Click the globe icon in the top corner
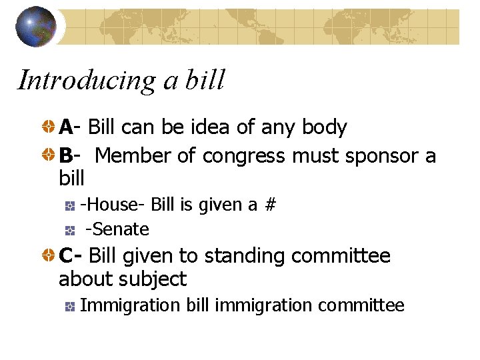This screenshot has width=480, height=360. [x=35, y=26]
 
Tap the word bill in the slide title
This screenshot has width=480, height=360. [x=205, y=80]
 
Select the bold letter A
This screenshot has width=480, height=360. [x=66, y=127]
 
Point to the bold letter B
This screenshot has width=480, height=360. [x=66, y=156]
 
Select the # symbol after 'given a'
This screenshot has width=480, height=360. [x=269, y=205]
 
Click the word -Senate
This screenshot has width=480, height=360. [x=117, y=229]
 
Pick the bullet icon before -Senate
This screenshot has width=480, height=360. [x=69, y=230]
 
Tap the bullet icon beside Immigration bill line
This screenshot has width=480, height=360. [x=69, y=306]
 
